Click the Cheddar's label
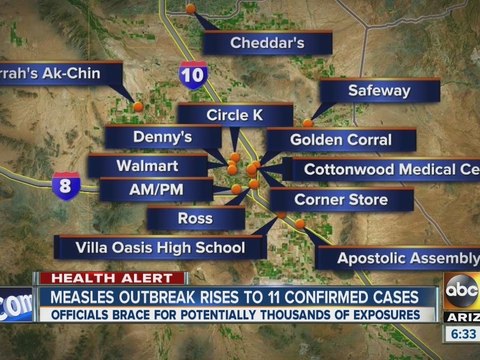pyautogui.click(x=267, y=43)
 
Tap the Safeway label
pyautogui.click(x=379, y=90)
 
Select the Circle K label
pyautogui.click(x=234, y=116)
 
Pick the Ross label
pyautogui.click(x=195, y=218)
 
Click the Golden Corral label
pyautogui.click(x=342, y=141)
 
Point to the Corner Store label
pyautogui.click(x=340, y=199)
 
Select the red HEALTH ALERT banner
pyautogui.click(x=111, y=278)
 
